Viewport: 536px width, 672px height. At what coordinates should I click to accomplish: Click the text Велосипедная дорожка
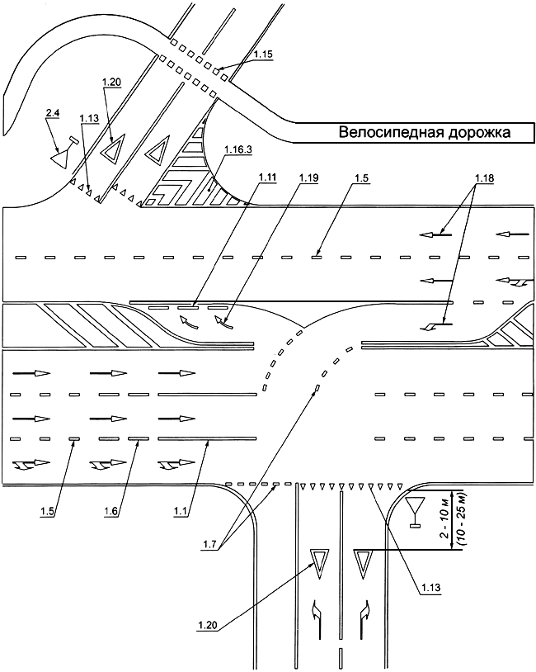pyautogui.click(x=424, y=132)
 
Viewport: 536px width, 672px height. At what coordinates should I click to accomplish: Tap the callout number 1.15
pyautogui.click(x=263, y=54)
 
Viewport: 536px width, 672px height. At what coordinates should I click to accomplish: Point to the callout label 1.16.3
pyautogui.click(x=238, y=149)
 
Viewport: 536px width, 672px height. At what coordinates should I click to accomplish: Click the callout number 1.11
pyautogui.click(x=267, y=177)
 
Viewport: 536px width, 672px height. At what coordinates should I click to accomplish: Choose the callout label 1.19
pyautogui.click(x=308, y=177)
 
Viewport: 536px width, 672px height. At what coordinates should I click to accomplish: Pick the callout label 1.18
pyautogui.click(x=484, y=177)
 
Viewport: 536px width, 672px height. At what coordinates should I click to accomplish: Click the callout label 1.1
pyautogui.click(x=181, y=510)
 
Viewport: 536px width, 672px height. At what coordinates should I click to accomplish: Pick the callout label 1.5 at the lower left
pyautogui.click(x=49, y=510)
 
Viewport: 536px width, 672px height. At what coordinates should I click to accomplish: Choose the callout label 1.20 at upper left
pyautogui.click(x=112, y=82)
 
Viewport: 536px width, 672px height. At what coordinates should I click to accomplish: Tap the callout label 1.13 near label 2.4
pyautogui.click(x=89, y=119)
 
